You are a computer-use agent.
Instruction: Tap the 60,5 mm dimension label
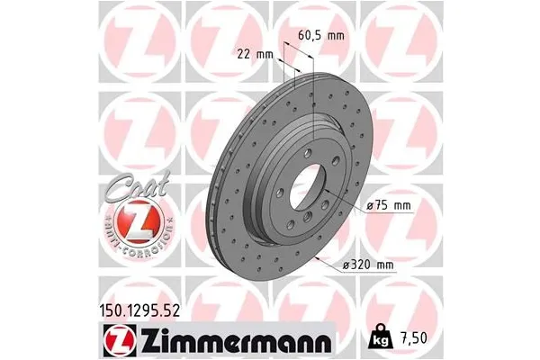tap(321, 36)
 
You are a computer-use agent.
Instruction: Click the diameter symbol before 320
tap(346, 265)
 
